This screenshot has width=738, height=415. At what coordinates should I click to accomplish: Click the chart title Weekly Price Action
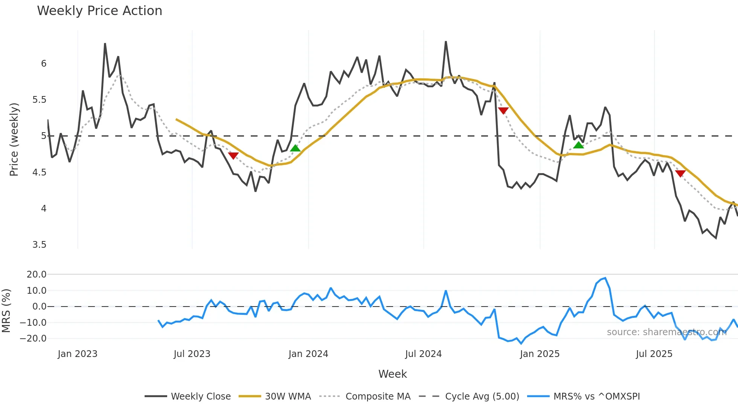click(x=99, y=11)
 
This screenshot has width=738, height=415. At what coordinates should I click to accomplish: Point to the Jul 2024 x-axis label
click(x=423, y=354)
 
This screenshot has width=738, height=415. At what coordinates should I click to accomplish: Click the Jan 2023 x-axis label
click(x=78, y=354)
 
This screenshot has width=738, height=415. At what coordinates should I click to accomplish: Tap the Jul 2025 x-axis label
click(x=654, y=354)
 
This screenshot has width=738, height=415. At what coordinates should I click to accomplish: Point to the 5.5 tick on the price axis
click(x=39, y=100)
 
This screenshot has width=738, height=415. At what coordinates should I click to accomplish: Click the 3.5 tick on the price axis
click(x=39, y=245)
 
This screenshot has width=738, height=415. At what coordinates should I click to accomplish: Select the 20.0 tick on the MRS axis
click(x=37, y=275)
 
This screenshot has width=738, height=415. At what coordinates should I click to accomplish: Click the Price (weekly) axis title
click(x=14, y=139)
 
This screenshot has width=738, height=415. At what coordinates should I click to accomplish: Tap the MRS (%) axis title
click(x=6, y=311)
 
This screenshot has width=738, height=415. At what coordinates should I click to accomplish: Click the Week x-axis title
click(x=392, y=374)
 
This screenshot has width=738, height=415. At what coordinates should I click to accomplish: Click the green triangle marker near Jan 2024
click(x=296, y=148)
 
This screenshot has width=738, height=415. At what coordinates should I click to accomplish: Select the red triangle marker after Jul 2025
click(x=680, y=173)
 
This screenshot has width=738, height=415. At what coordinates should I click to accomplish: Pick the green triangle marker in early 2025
click(x=578, y=145)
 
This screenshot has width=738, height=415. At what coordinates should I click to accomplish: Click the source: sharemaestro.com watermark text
click(x=666, y=332)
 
